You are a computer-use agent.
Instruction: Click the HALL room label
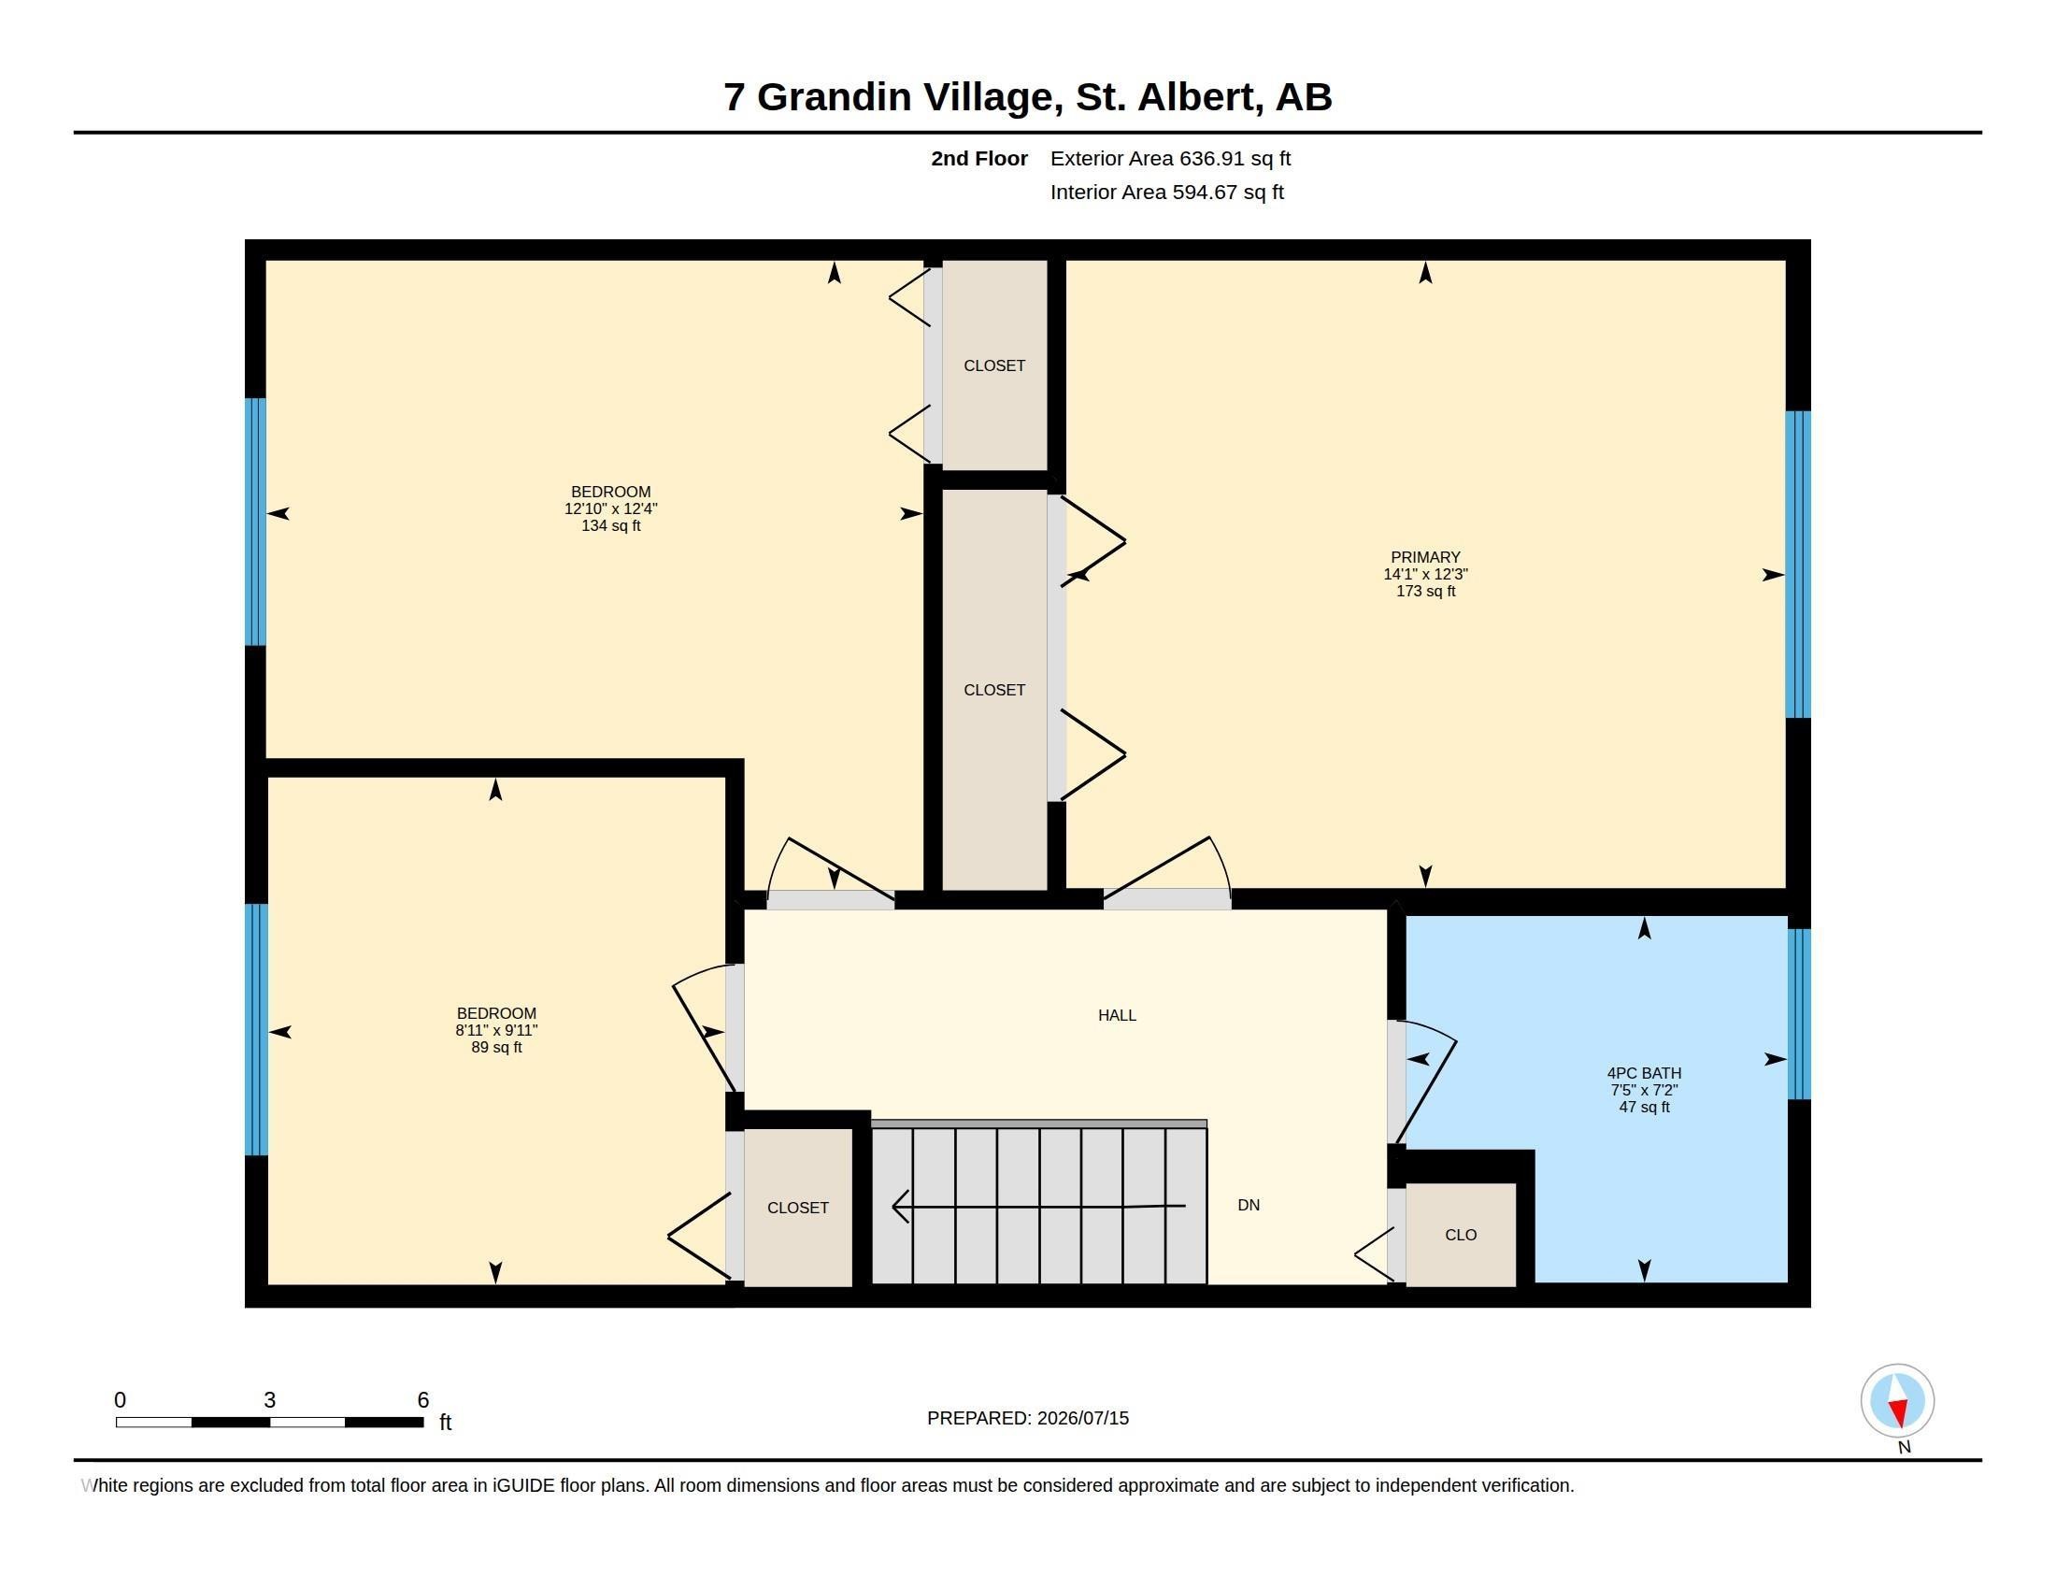pyautogui.click(x=1117, y=1015)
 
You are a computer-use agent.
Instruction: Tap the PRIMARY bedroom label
pyautogui.click(x=1425, y=557)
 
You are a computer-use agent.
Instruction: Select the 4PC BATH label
pyautogui.click(x=1644, y=1073)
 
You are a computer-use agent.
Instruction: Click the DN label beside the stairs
pyautogui.click(x=1249, y=1205)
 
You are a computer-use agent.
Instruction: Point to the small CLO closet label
pyautogui.click(x=1461, y=1235)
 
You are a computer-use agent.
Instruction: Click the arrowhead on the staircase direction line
pyautogui.click(x=900, y=1206)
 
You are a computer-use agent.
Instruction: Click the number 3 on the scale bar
pyautogui.click(x=269, y=1400)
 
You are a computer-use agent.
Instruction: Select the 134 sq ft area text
pyautogui.click(x=611, y=525)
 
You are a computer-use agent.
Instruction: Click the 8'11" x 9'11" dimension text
pyautogui.click(x=496, y=1031)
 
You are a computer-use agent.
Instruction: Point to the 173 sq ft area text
pyautogui.click(x=1425, y=591)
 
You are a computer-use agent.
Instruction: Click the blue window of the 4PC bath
pyautogui.click(x=1798, y=1014)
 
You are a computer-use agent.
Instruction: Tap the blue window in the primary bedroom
pyautogui.click(x=1798, y=564)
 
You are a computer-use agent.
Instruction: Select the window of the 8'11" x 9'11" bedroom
pyautogui.click(x=256, y=1029)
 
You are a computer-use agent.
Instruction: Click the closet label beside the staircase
pyautogui.click(x=797, y=1208)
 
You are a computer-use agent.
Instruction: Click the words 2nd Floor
pyautogui.click(x=979, y=159)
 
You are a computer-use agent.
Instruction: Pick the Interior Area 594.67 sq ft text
pyautogui.click(x=1166, y=192)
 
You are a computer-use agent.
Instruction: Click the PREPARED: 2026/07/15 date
pyautogui.click(x=1028, y=1418)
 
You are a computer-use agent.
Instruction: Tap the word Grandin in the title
pyautogui.click(x=834, y=97)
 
